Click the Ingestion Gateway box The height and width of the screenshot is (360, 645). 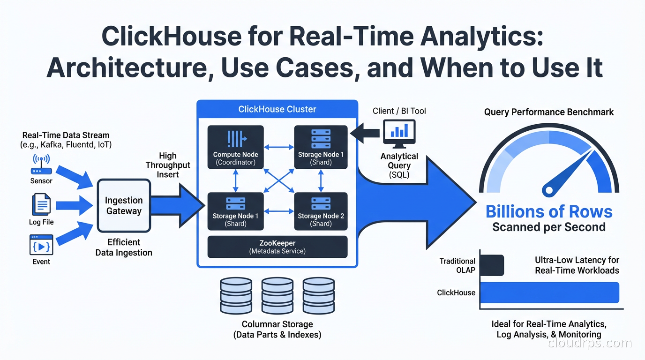pos(124,206)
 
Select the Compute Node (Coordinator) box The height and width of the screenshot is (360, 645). pos(235,147)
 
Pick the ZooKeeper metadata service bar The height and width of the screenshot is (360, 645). pos(277,247)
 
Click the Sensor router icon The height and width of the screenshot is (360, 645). pos(41,165)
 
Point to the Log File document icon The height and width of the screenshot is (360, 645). pos(41,205)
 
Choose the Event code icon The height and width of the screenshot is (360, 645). pos(41,244)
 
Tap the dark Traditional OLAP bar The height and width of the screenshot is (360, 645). pos(492,265)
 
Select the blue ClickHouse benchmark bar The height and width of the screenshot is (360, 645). pos(550,292)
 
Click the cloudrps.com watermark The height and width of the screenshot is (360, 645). pos(590,343)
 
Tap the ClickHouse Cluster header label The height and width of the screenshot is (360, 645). pos(277,109)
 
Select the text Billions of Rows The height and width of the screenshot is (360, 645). pos(549,211)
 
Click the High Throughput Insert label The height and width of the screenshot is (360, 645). pos(168,165)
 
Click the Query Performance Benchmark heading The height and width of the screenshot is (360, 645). pos(549,112)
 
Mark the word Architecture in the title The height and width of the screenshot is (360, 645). pos(127,68)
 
